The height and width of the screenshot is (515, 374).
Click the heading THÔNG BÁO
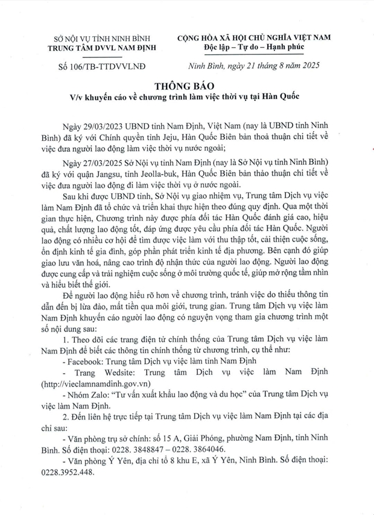187,85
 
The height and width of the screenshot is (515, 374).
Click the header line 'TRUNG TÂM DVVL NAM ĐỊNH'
96,48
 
